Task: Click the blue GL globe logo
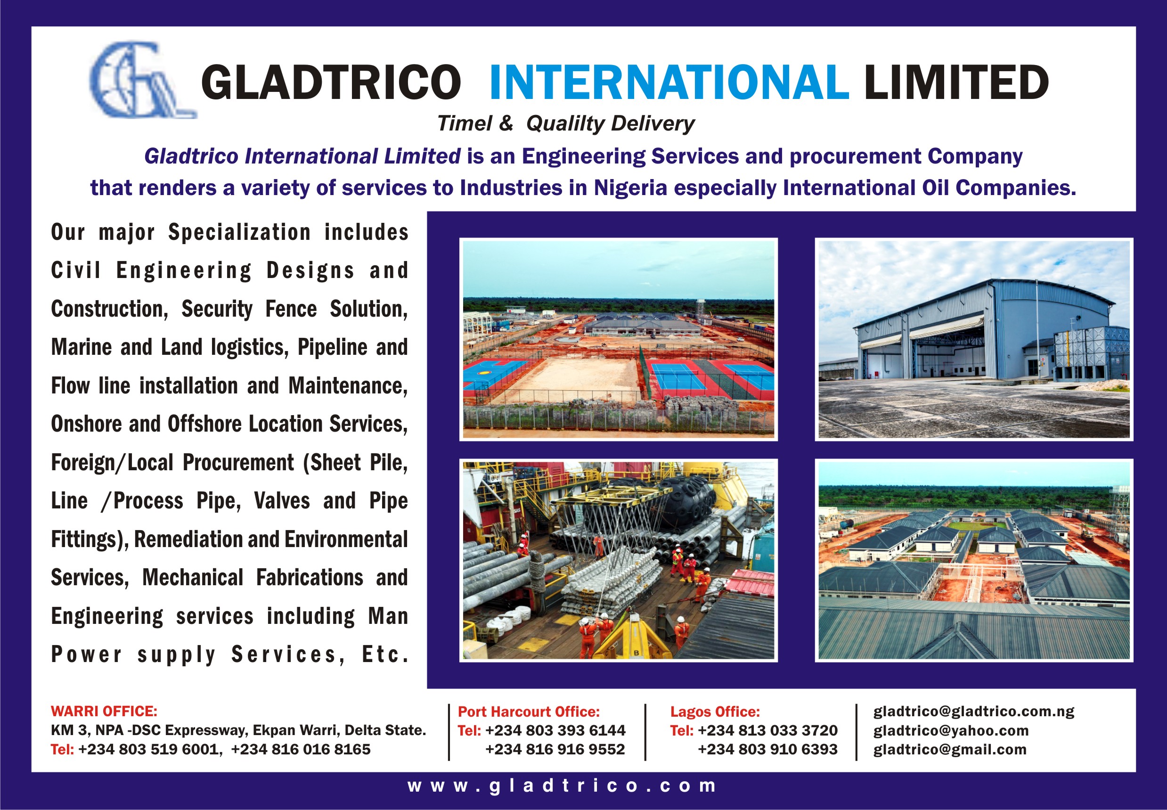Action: pos(143,80)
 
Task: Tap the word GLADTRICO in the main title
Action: pos(331,82)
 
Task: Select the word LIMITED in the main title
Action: pos(956,82)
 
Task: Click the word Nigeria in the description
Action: pos(631,188)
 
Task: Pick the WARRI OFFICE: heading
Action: pos(104,711)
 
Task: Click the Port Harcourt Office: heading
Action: pos(529,712)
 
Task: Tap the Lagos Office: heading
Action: pos(715,712)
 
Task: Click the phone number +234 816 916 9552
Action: pos(555,749)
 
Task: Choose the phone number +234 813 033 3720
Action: pos(767,730)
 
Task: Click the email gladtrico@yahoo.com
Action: pos(951,731)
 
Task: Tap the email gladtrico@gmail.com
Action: pos(950,750)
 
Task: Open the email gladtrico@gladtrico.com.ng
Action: pos(974,712)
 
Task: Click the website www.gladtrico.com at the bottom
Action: pos(562,785)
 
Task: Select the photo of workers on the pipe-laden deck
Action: pos(619,561)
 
